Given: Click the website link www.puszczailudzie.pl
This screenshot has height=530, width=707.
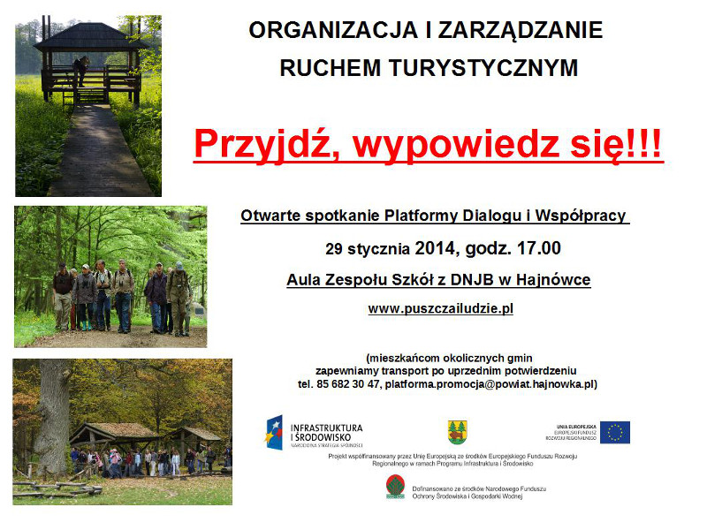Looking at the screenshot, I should tap(440, 308).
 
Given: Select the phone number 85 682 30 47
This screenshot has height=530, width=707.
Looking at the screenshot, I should tap(347, 384).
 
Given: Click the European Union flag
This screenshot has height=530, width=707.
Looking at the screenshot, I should tap(616, 432).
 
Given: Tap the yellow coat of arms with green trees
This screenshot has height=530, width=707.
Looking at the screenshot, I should tap(457, 432).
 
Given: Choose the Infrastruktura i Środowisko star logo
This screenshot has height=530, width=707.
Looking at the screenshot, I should tap(274, 432).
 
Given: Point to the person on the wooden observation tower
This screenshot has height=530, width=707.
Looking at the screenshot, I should tap(82, 68).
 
